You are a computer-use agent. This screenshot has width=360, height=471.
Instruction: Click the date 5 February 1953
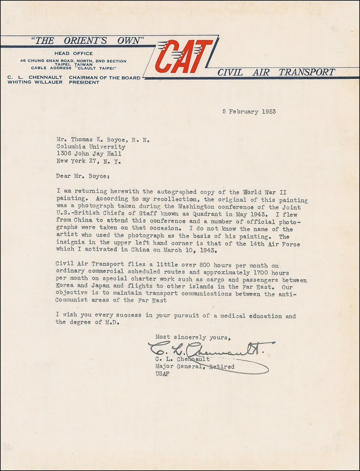click(x=249, y=112)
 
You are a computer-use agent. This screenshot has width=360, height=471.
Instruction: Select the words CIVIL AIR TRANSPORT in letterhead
click(x=276, y=72)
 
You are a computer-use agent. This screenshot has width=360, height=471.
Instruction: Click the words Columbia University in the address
click(x=91, y=147)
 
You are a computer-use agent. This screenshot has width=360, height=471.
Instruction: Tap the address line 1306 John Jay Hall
click(x=89, y=154)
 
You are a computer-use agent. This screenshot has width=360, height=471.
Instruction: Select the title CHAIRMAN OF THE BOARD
click(x=104, y=77)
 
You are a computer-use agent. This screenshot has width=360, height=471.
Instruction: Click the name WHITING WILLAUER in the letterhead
click(x=35, y=82)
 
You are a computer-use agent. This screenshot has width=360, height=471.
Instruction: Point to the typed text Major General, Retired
click(x=195, y=367)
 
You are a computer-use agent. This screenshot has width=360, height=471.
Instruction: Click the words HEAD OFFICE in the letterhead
click(x=73, y=54)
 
